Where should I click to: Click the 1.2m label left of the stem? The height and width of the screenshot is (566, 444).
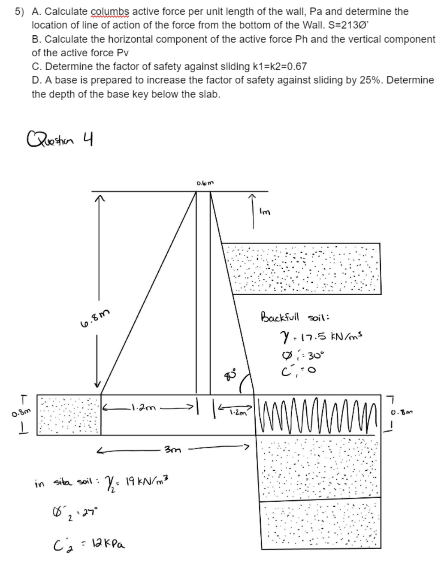[141, 408]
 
